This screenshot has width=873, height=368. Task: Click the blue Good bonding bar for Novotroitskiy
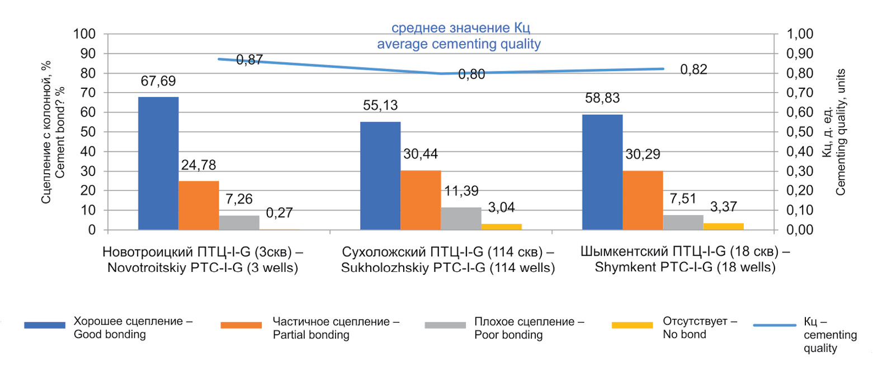[158, 163]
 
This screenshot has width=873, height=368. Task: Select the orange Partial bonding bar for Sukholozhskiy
[420, 200]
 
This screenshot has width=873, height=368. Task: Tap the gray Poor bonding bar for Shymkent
[683, 222]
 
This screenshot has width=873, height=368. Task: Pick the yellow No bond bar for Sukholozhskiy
[501, 227]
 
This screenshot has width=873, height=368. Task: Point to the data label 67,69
[157, 82]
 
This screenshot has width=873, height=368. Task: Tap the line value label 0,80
[471, 74]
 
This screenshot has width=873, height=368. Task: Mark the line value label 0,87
[249, 60]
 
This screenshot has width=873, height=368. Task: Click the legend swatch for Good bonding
[45, 325]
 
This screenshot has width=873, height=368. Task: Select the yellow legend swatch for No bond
[632, 325]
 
